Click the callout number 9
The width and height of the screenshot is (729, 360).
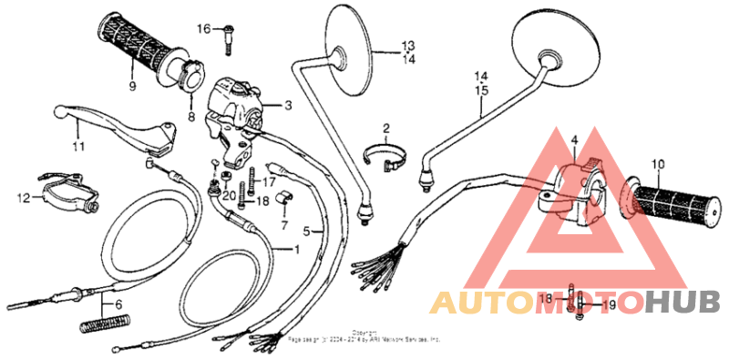pos(133,87)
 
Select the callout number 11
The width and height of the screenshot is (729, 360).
pos(77,146)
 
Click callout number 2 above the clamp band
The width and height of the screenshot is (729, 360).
pos(385,129)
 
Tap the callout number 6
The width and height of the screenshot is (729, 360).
pos(117,304)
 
